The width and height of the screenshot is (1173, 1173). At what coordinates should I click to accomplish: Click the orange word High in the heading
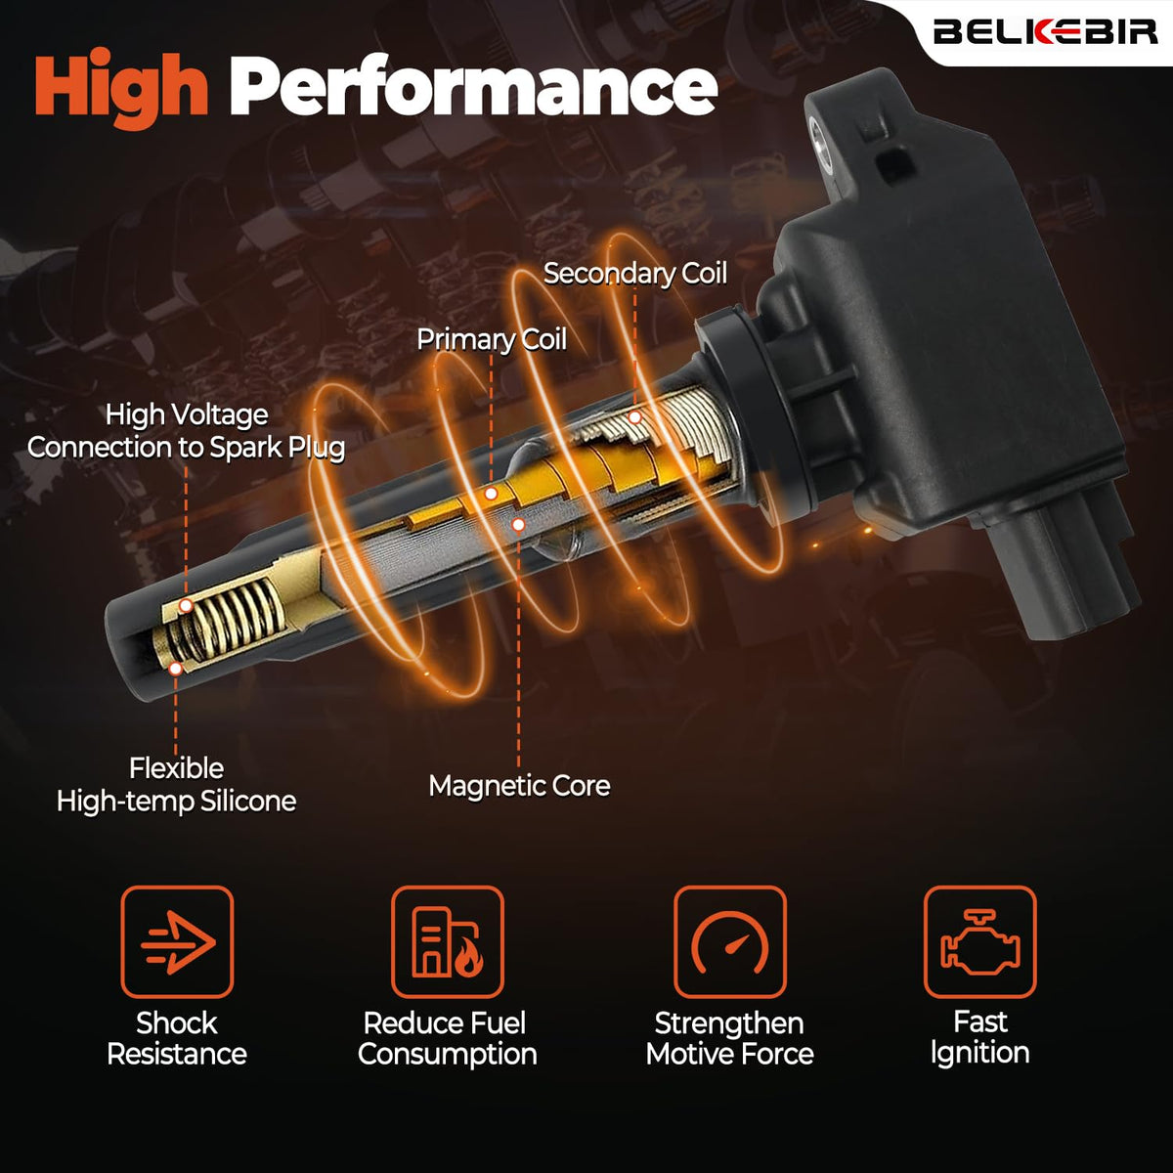pyautogui.click(x=121, y=89)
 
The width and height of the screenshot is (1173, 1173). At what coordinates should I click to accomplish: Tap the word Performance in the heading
pyautogui.click(x=473, y=86)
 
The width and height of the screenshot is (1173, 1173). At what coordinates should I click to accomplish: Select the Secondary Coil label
pyautogui.click(x=635, y=274)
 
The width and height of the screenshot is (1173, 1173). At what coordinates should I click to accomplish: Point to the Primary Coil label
pyautogui.click(x=492, y=339)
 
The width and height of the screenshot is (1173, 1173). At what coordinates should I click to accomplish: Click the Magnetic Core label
pyautogui.click(x=519, y=786)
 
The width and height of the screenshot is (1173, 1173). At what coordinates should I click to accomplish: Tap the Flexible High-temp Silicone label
pyautogui.click(x=177, y=785)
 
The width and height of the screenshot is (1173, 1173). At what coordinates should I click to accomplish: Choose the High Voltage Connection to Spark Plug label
pyautogui.click(x=187, y=432)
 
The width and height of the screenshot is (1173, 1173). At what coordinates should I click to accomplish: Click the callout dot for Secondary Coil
pyautogui.click(x=635, y=417)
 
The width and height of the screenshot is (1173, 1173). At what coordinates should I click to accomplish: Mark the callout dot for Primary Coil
pyautogui.click(x=492, y=494)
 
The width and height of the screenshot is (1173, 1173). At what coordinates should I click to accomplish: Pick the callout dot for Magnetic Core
pyautogui.click(x=518, y=524)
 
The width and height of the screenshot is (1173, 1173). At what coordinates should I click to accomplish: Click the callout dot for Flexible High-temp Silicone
pyautogui.click(x=176, y=669)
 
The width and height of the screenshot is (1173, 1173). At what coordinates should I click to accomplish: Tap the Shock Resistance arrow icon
pyautogui.click(x=177, y=943)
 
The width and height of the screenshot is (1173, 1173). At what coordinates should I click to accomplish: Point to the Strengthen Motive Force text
pyautogui.click(x=730, y=1038)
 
